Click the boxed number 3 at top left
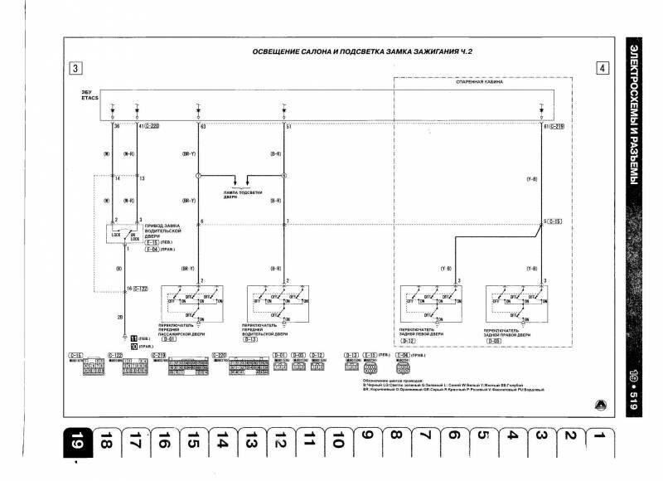(x=75, y=69)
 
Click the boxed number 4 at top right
(x=602, y=69)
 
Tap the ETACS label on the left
(x=89, y=100)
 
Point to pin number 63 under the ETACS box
(x=200, y=127)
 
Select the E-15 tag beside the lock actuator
(x=153, y=241)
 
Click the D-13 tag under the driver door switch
(x=251, y=339)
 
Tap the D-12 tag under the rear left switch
(x=408, y=339)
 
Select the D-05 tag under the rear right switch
(x=493, y=339)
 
